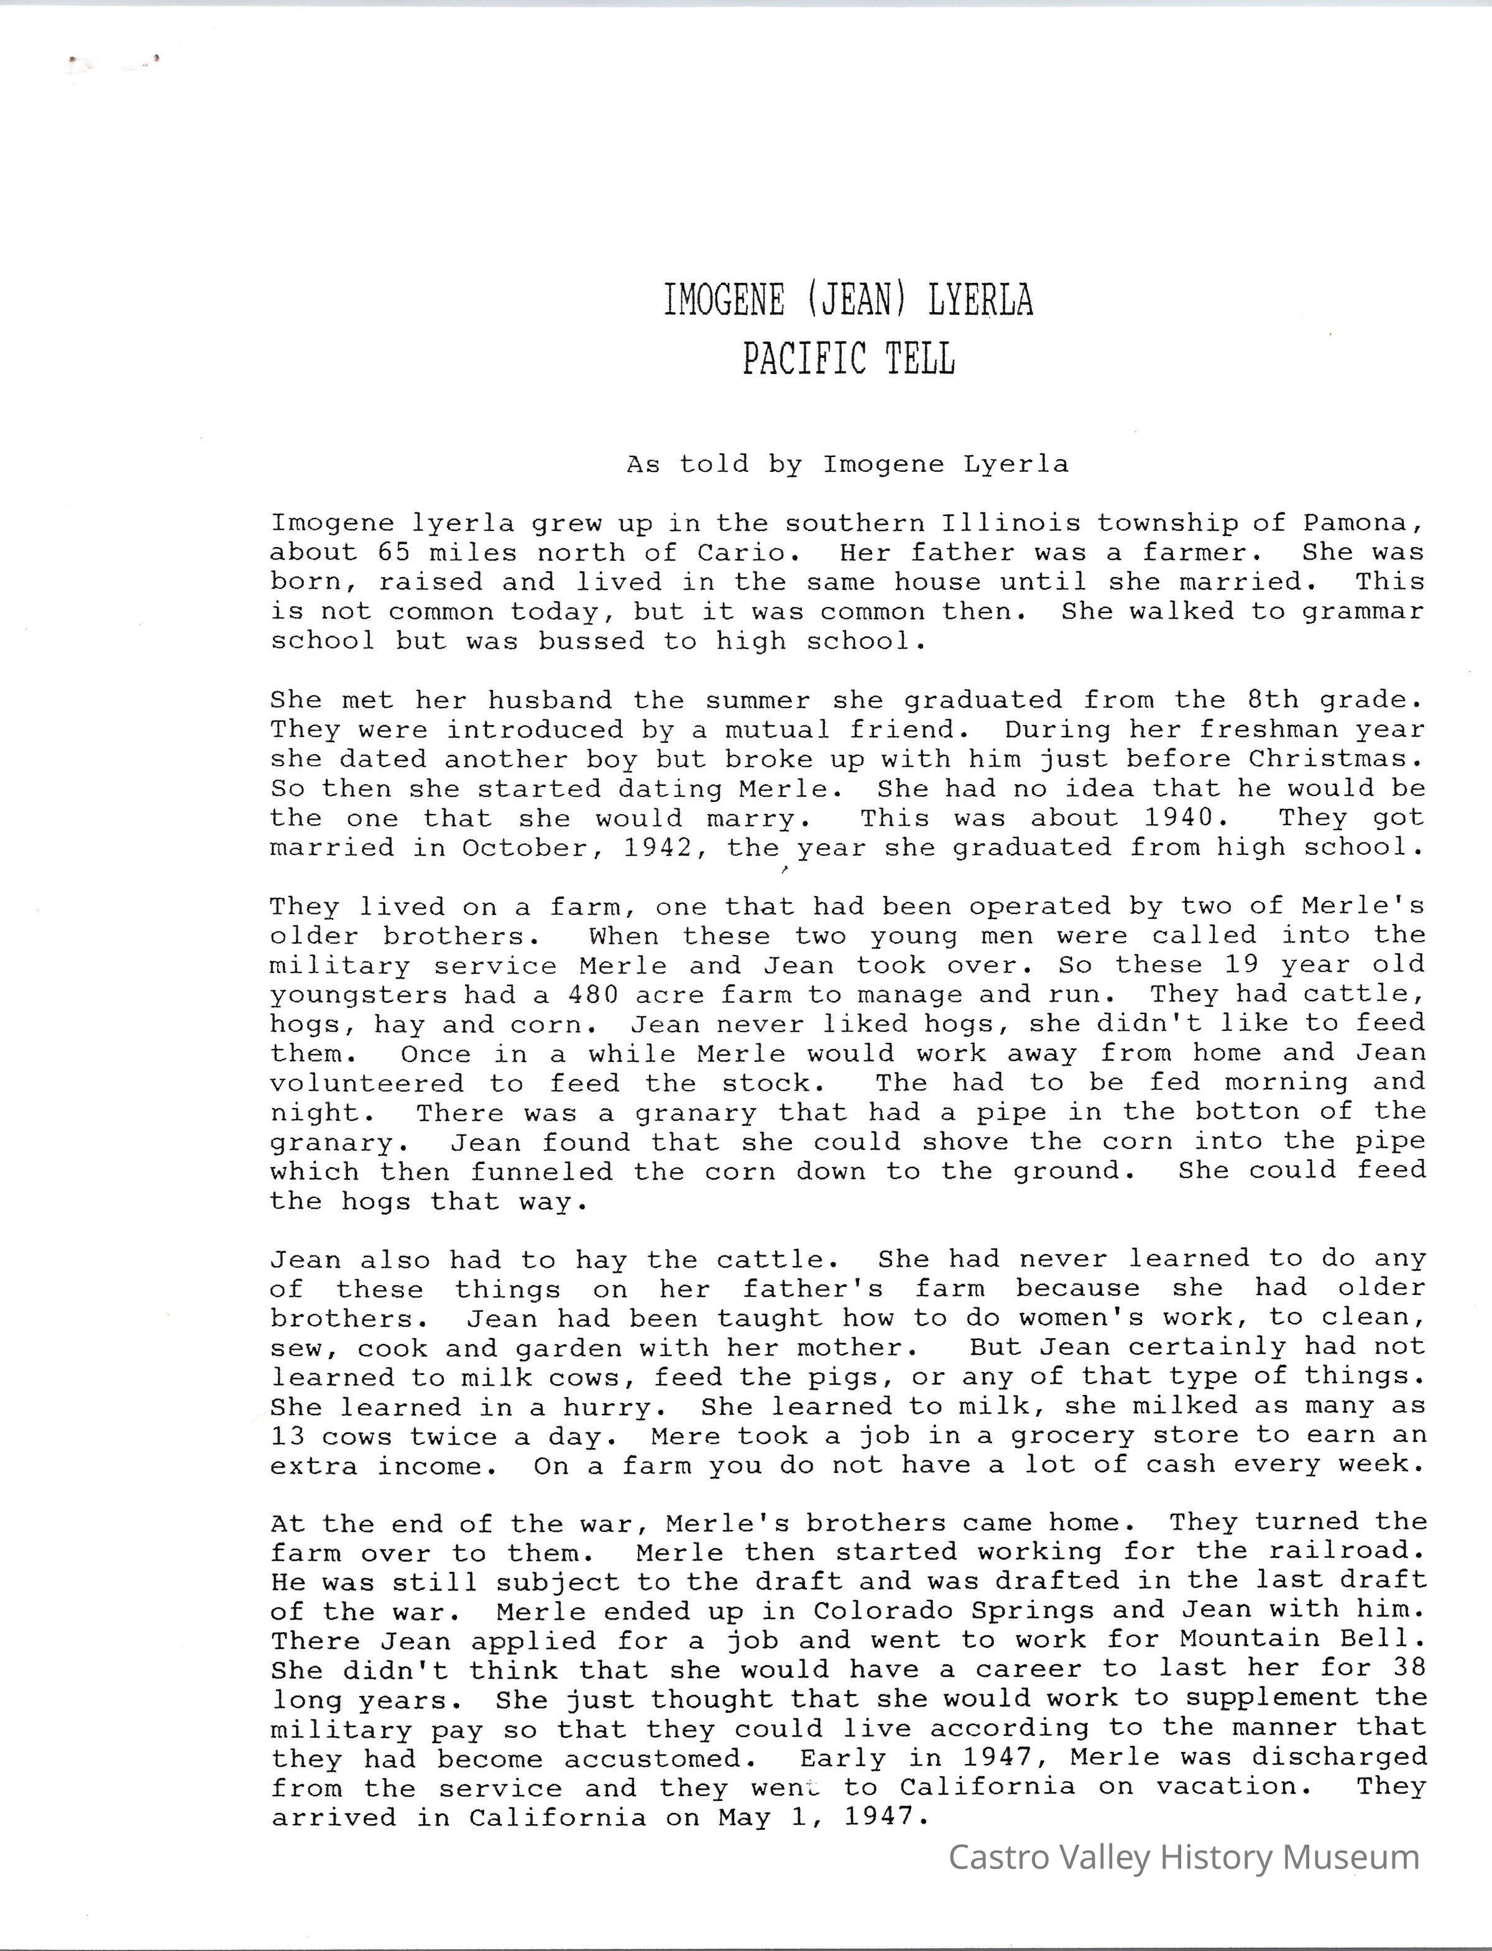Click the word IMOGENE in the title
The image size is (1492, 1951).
coord(724,301)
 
